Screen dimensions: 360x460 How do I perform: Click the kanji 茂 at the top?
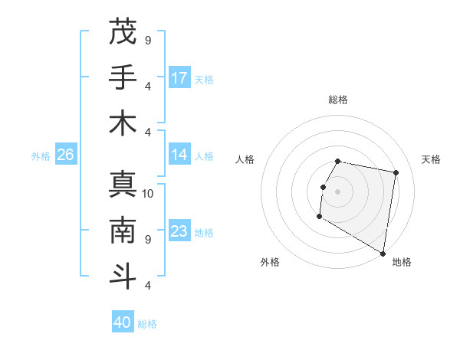click(x=123, y=31)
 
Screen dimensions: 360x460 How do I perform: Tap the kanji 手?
click(x=123, y=77)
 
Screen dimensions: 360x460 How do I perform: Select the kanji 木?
click(x=123, y=123)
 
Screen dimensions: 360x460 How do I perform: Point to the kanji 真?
click(x=123, y=185)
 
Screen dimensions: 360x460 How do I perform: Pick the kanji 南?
click(x=123, y=231)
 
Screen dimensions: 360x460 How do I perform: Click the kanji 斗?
click(x=123, y=277)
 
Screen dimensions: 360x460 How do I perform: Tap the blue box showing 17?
click(x=179, y=77)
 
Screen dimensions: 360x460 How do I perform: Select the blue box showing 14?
click(x=179, y=155)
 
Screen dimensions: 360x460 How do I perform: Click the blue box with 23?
click(x=179, y=231)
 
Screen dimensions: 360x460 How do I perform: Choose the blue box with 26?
click(x=66, y=155)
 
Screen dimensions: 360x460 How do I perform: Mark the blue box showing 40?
click(x=123, y=322)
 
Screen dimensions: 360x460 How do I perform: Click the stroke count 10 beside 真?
click(x=149, y=194)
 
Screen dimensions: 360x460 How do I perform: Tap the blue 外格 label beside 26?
click(x=41, y=155)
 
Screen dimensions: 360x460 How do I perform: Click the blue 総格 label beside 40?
click(x=147, y=323)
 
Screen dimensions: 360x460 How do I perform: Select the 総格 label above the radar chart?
click(x=338, y=100)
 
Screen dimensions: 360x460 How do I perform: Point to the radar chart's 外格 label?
click(x=270, y=262)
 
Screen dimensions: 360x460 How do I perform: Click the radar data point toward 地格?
click(x=383, y=254)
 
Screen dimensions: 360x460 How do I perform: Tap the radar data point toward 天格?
click(x=396, y=173)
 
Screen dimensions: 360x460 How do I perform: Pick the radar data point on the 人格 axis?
click(x=324, y=187)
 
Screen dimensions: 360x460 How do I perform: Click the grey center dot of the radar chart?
click(x=338, y=191)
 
